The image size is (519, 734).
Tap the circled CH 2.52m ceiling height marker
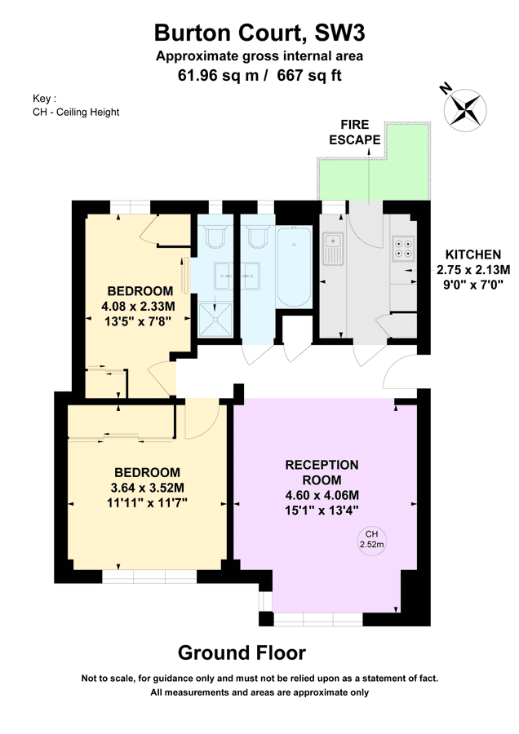[x=372, y=539]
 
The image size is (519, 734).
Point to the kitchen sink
[x=332, y=248]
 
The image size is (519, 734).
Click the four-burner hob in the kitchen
[x=403, y=246]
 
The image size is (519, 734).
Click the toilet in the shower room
[x=216, y=237]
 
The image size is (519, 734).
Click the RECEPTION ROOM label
[x=322, y=472]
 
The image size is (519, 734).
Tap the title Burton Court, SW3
[x=259, y=33]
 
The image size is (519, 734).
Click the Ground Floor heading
[x=242, y=652]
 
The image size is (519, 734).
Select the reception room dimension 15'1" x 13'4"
[x=322, y=510]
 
